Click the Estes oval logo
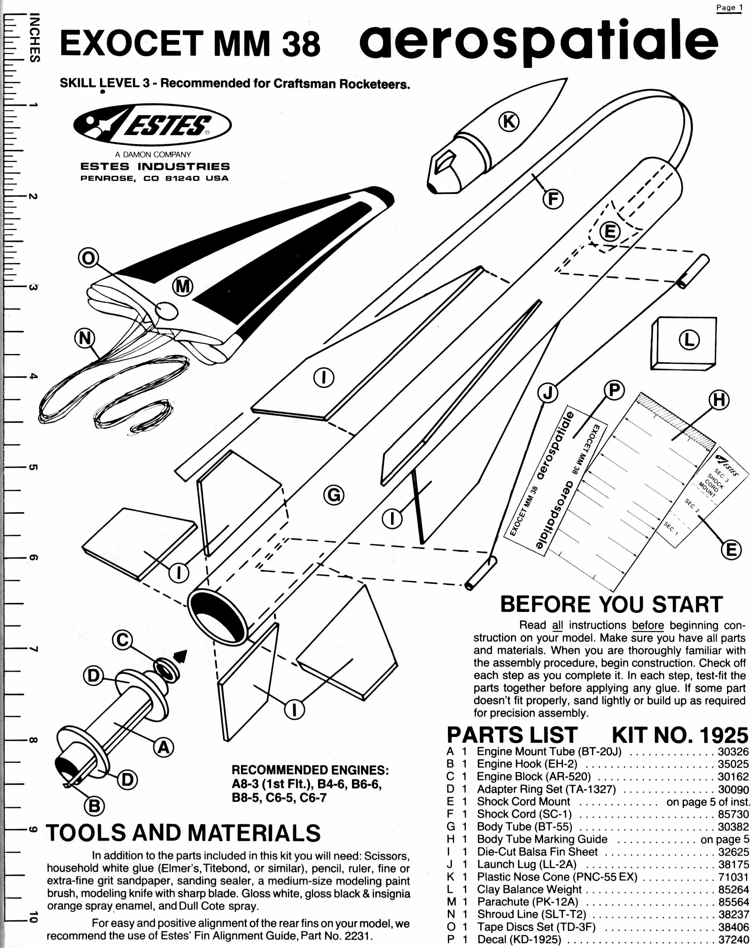[x=152, y=124]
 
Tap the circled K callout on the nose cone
[x=509, y=121]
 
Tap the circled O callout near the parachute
[x=88, y=258]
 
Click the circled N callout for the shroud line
[x=85, y=339]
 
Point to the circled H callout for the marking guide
[x=719, y=400]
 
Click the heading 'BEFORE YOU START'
[x=611, y=605]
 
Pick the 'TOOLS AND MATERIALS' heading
[x=183, y=833]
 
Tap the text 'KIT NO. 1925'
[x=680, y=735]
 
